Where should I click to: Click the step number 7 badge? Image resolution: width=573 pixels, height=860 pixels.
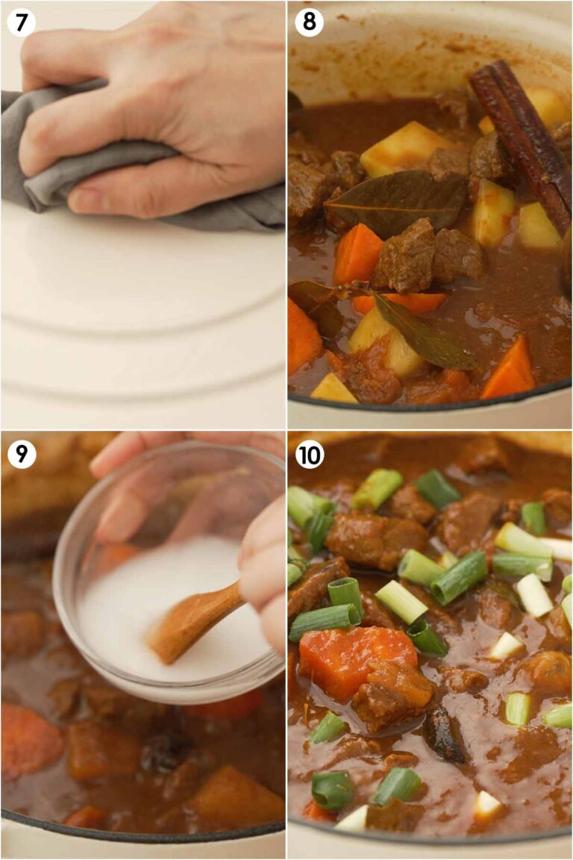coord(21,22)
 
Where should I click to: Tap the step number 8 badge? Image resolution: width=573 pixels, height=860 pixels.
coord(309,22)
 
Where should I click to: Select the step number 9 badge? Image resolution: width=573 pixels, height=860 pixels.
coord(21,453)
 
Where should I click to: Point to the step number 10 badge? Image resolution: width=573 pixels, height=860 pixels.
coord(309,453)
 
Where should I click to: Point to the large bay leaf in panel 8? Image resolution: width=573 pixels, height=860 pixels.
coord(395,198)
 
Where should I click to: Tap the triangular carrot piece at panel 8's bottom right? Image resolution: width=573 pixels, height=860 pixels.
coord(510,370)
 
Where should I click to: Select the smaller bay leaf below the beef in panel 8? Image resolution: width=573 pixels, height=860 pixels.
coord(425,332)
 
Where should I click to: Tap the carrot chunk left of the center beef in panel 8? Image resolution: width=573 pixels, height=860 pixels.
coord(357,254)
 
